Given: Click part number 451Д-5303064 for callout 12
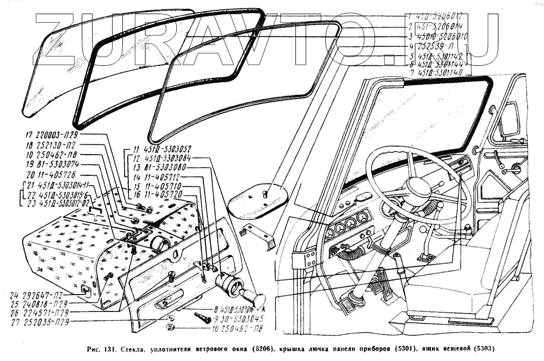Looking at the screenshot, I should coord(165,158).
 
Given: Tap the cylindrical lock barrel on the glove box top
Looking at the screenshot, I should coord(159,244).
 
